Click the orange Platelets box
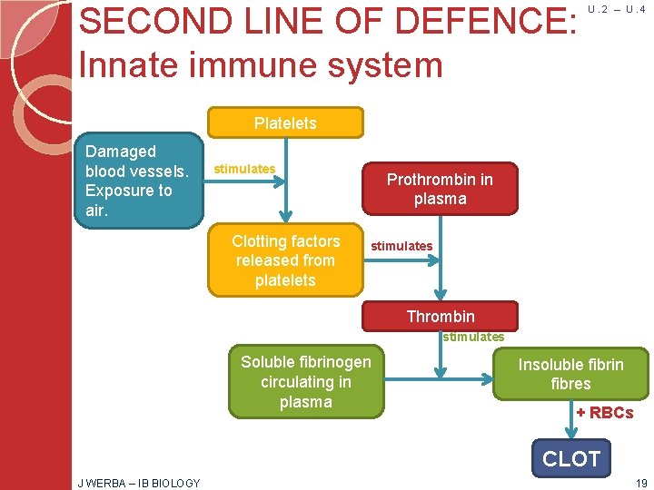[x=285, y=123]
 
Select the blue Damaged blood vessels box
[x=139, y=181]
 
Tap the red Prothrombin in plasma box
[x=440, y=190]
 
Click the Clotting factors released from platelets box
[x=285, y=260]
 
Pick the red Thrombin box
[x=440, y=316]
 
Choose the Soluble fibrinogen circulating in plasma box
[x=305, y=382]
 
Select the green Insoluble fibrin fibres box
[x=570, y=374]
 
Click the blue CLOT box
[x=570, y=459]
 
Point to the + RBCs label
[x=604, y=413]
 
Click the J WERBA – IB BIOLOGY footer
[x=138, y=483]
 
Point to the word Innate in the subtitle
[x=136, y=65]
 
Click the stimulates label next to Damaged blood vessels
[x=243, y=169]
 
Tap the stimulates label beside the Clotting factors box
[x=401, y=246]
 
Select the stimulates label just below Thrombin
[x=472, y=337]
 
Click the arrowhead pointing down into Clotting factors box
[x=286, y=217]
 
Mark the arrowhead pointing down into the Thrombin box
[x=441, y=295]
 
